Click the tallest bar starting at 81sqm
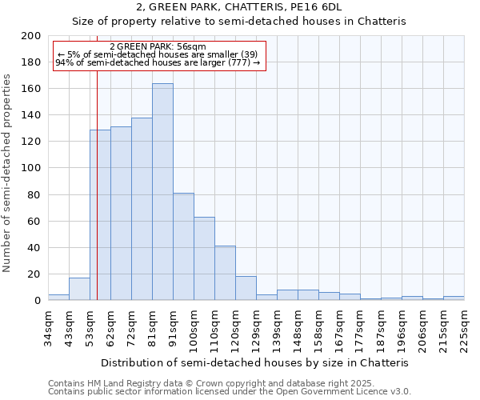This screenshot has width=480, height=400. click(x=162, y=192)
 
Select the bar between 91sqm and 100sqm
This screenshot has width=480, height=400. click(x=183, y=246)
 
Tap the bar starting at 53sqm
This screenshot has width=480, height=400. click(x=100, y=214)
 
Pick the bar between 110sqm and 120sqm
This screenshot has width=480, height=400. click(x=225, y=273)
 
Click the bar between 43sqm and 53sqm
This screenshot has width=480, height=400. click(x=79, y=289)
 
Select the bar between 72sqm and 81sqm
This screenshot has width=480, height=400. click(x=142, y=209)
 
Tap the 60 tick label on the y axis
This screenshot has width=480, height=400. click(x=34, y=221)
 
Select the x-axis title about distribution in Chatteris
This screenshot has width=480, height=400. click(x=255, y=362)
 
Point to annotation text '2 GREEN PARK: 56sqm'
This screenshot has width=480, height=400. click(x=158, y=47)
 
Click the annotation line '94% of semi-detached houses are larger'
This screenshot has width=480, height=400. click(x=158, y=62)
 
